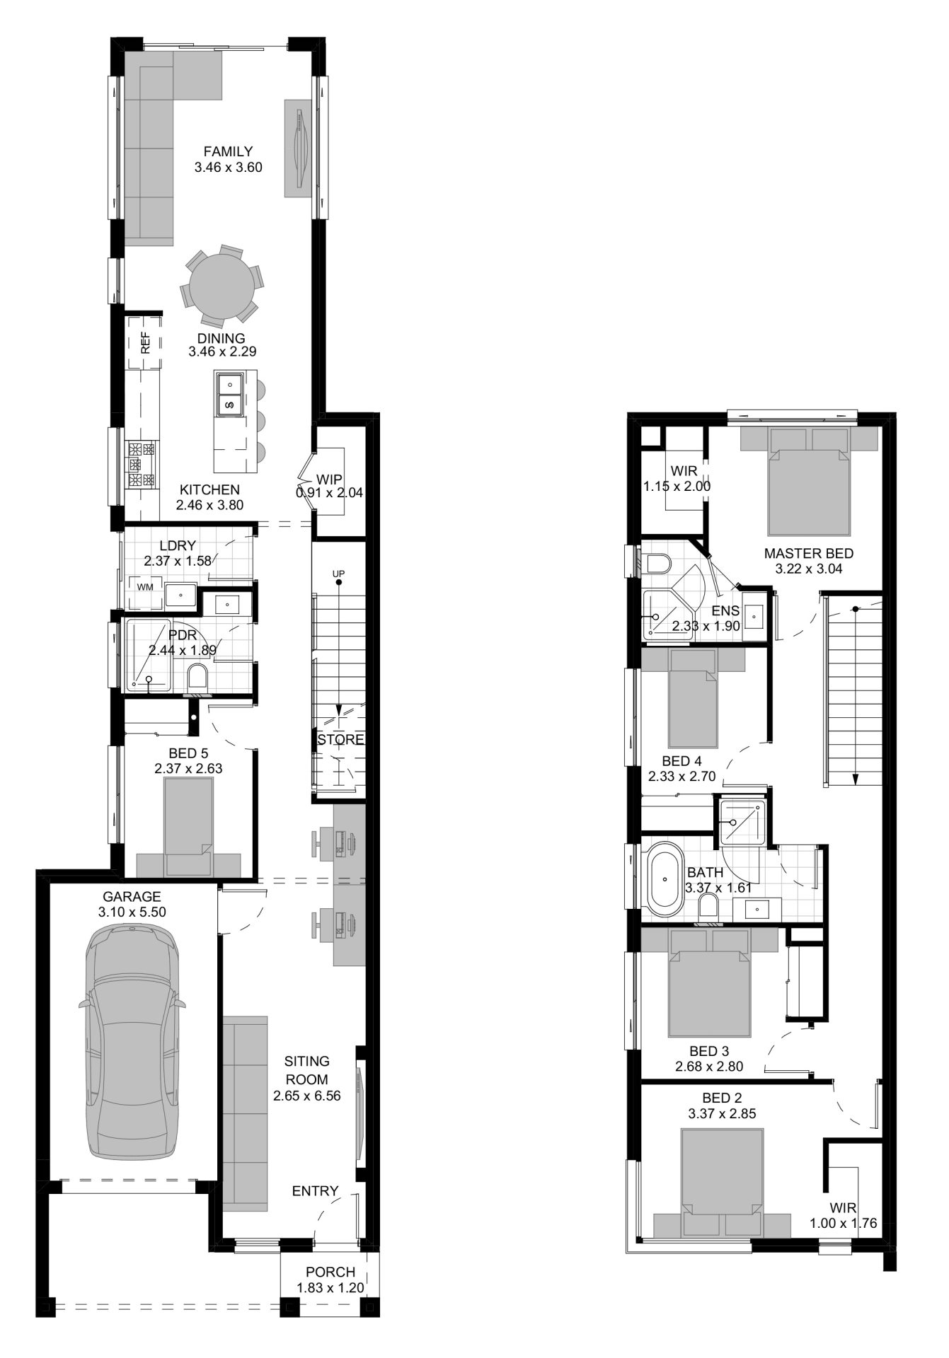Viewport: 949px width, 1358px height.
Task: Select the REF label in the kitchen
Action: pyautogui.click(x=146, y=343)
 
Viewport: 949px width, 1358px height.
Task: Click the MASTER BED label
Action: pyautogui.click(x=808, y=553)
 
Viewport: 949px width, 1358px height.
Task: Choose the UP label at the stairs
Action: pyautogui.click(x=338, y=572)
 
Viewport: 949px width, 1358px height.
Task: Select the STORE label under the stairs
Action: pyautogui.click(x=340, y=740)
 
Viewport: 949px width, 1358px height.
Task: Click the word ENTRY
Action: pyautogui.click(x=315, y=1191)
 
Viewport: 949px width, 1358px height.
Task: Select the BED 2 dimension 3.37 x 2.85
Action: pyautogui.click(x=721, y=1113)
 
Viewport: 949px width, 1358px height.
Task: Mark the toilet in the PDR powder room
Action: pyautogui.click(x=198, y=677)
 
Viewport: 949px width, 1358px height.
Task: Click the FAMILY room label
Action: pyautogui.click(x=228, y=151)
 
